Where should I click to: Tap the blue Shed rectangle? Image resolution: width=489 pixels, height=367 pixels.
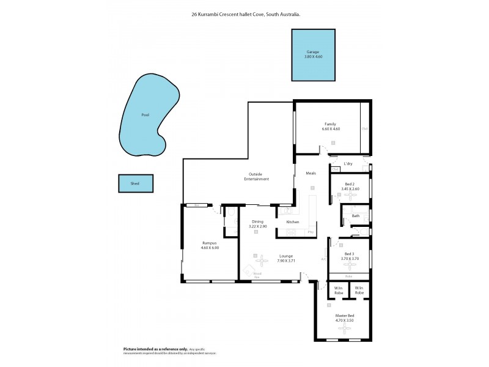(x=135, y=183)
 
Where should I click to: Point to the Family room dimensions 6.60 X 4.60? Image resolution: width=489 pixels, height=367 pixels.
(x=331, y=129)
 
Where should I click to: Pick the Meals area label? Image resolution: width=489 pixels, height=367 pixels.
(x=311, y=174)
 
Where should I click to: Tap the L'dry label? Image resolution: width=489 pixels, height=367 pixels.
(x=348, y=164)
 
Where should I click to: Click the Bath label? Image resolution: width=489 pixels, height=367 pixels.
(x=355, y=216)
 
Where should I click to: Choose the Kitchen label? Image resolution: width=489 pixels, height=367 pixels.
(x=293, y=221)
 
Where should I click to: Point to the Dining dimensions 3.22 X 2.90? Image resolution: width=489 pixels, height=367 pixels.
(x=258, y=227)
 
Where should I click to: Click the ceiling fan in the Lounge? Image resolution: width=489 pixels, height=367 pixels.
(x=262, y=261)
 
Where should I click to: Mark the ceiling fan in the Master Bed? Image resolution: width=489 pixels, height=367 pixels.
(x=345, y=329)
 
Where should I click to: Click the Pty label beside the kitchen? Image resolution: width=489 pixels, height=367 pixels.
(x=311, y=232)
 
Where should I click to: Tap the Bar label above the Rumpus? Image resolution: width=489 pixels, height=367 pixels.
(x=197, y=205)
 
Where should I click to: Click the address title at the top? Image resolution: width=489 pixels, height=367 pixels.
(x=244, y=13)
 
